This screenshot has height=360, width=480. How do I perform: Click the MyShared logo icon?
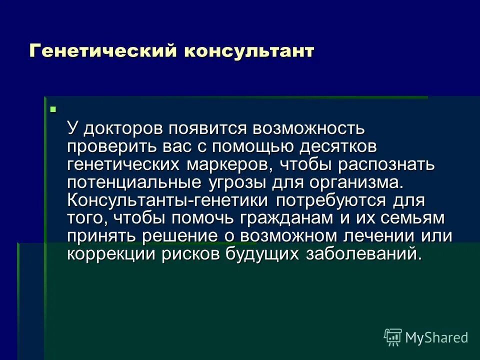pyautogui.click(x=393, y=337)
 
